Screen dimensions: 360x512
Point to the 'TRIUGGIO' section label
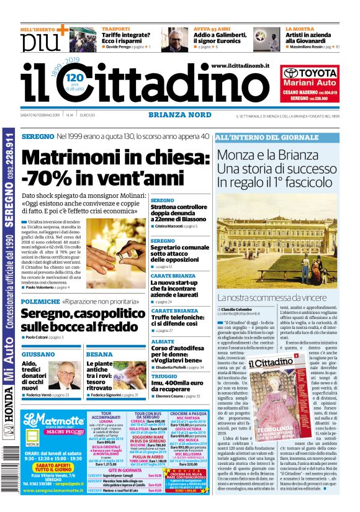(x=164, y=376)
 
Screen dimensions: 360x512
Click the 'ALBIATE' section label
(x=163, y=342)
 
